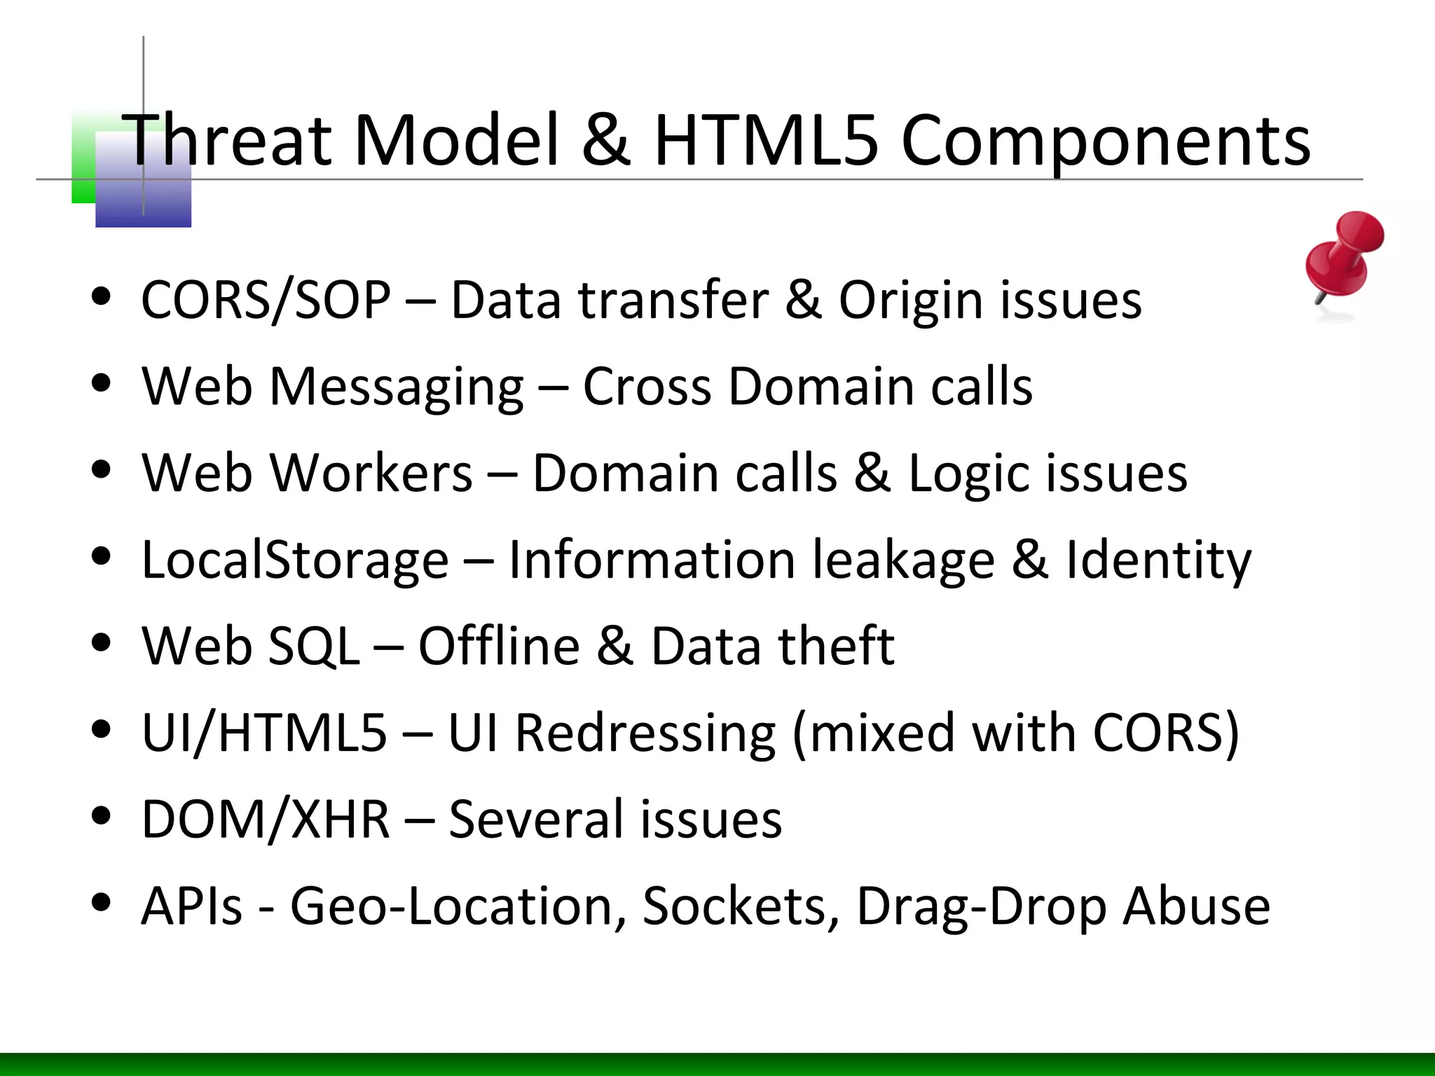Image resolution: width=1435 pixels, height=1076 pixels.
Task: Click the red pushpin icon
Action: [1343, 256]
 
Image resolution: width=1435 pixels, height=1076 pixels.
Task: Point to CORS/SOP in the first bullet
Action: [266, 301]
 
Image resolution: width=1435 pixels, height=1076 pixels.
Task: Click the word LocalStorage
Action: [294, 560]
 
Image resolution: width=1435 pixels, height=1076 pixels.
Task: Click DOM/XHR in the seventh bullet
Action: [265, 820]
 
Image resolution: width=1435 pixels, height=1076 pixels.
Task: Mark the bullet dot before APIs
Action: [102, 902]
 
